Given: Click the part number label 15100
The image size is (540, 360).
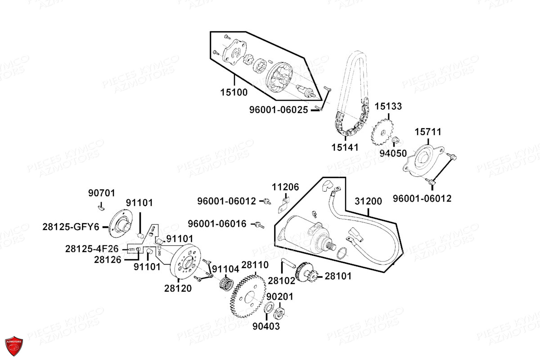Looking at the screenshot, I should click(234, 93).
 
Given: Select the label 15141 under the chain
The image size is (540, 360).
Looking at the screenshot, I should click(345, 147).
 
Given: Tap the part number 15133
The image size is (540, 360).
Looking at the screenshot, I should click(388, 107).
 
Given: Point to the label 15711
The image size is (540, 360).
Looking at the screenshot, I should click(428, 132).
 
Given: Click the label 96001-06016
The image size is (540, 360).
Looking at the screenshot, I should click(217, 224).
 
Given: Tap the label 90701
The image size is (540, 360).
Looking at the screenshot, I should click(101, 193).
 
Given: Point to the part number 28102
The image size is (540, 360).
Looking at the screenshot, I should click(281, 280).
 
